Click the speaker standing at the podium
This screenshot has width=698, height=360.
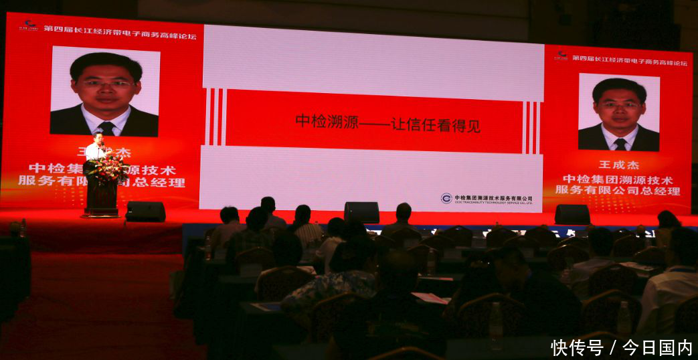tap(98, 147)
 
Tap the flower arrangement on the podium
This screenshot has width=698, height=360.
tap(106, 169)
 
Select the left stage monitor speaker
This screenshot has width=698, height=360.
tap(145, 211)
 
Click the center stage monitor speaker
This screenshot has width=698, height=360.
tap(361, 212)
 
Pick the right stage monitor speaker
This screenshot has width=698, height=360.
tap(572, 214)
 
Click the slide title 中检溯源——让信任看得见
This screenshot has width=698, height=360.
tap(387, 123)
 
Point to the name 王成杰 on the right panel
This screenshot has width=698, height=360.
tap(619, 165)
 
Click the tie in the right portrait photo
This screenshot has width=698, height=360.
tap(620, 143)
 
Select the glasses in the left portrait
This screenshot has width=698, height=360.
tap(105, 84)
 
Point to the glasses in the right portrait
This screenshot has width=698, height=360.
tap(619, 105)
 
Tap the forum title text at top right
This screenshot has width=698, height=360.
tap(629, 62)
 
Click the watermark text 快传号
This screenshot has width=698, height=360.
tap(576, 348)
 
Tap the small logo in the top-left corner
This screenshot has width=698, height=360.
tap(28, 26)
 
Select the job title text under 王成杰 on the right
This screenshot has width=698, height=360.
tap(618, 185)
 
